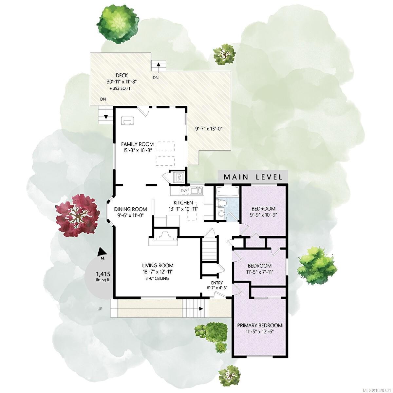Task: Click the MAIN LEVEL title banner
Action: (253, 177)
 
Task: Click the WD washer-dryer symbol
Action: (179, 177)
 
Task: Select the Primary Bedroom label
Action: (260, 325)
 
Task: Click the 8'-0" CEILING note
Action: (158, 278)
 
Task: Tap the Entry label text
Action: (217, 283)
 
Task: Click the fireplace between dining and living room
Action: (163, 236)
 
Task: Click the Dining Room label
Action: (130, 209)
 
